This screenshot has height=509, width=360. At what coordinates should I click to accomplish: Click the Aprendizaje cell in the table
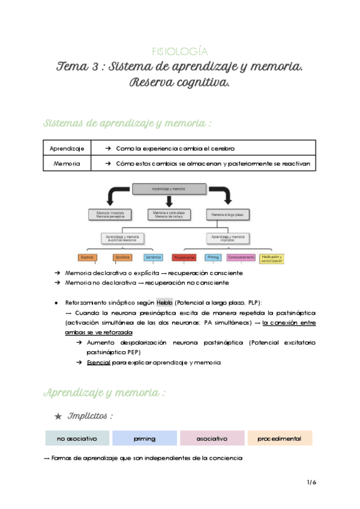[x=67, y=148]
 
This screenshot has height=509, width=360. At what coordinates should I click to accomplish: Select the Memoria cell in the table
[x=67, y=163]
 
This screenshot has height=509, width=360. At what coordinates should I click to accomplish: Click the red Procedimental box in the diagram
[x=184, y=258]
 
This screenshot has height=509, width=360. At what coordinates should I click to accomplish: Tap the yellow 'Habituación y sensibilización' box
[x=272, y=258]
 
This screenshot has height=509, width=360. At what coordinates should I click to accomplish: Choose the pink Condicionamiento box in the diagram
[x=241, y=258]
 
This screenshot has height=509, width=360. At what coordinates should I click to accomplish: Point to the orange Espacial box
[x=87, y=258]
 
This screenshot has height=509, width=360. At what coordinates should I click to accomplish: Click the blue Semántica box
[x=152, y=258]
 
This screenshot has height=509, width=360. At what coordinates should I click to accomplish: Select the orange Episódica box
[x=122, y=258]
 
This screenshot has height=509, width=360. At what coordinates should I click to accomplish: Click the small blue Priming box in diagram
[x=212, y=258]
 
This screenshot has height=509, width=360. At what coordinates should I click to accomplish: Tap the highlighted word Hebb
[x=164, y=303]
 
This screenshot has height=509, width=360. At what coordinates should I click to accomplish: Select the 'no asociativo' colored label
[x=77, y=439]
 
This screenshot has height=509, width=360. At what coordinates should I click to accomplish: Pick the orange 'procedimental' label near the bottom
[x=280, y=439]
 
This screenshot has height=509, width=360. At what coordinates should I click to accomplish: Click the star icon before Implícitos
[x=58, y=415]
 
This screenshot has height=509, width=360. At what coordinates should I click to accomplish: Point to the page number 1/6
[x=311, y=482]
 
